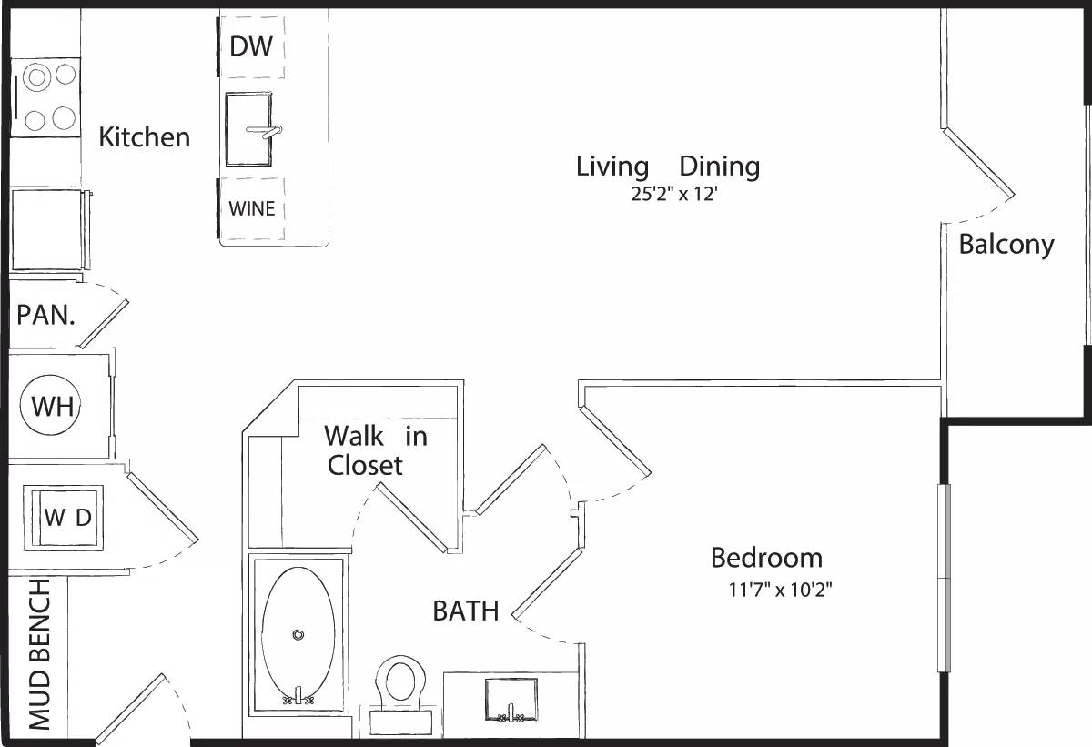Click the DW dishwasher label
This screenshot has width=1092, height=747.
pyautogui.click(x=251, y=46)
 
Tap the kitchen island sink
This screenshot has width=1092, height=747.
pyautogui.click(x=249, y=129)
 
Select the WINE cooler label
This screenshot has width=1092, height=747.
pyautogui.click(x=252, y=208)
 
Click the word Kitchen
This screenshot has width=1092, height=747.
pyautogui.click(x=145, y=137)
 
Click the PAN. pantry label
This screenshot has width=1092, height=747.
pyautogui.click(x=45, y=316)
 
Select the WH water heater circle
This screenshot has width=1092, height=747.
pyautogui.click(x=51, y=406)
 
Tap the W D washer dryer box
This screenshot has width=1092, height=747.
pyautogui.click(x=68, y=517)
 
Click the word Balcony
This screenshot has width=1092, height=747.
pyautogui.click(x=1006, y=245)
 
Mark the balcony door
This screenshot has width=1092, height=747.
pyautogui.click(x=978, y=164)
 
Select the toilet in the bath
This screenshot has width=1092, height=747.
pyautogui.click(x=400, y=682)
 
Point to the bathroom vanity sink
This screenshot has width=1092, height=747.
pyautogui.click(x=511, y=699)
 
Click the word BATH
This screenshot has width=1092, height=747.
pyautogui.click(x=466, y=611)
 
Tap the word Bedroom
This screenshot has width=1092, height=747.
pyautogui.click(x=766, y=557)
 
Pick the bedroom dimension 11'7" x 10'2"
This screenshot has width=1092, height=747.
pyautogui.click(x=780, y=590)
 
